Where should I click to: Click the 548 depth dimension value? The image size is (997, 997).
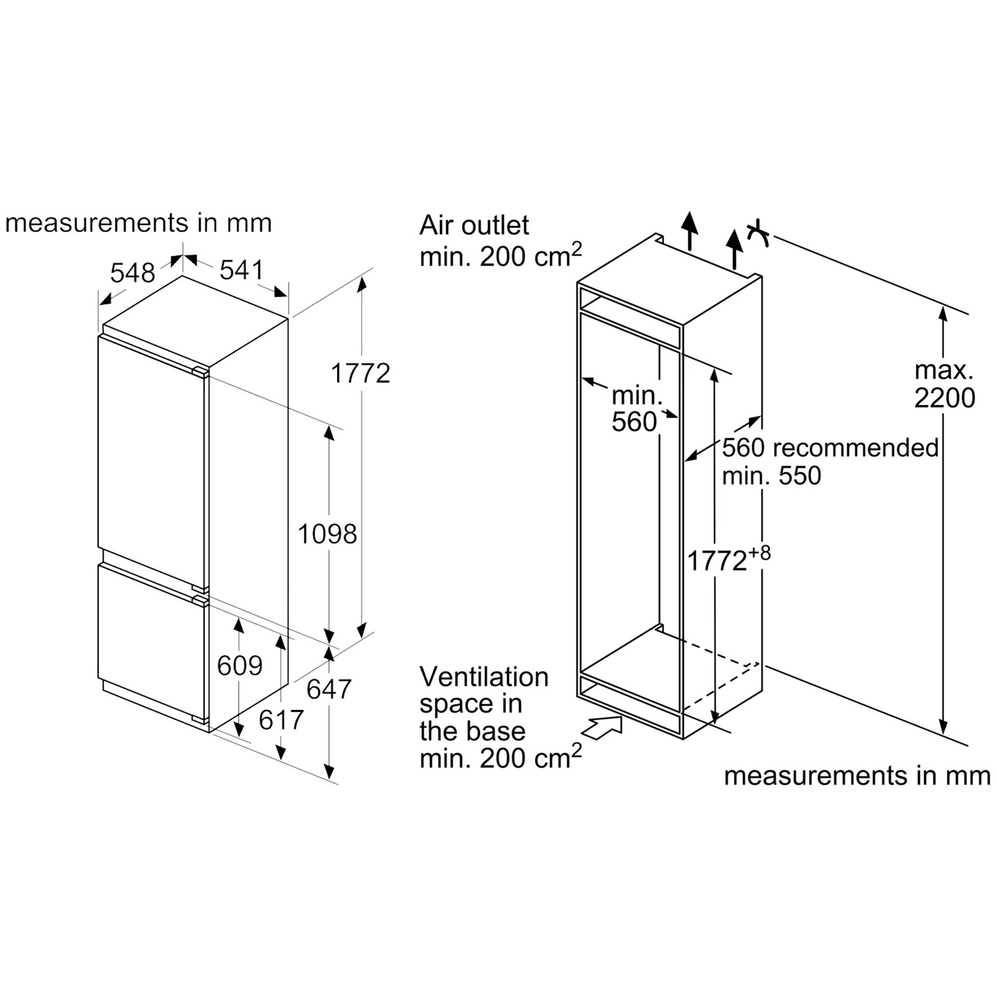132,273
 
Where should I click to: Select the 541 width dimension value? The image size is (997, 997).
242,270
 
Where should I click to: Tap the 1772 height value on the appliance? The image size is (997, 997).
360,374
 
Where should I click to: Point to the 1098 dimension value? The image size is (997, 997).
327,534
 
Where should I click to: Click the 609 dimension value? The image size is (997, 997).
240,665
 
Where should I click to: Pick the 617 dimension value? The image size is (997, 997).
281,719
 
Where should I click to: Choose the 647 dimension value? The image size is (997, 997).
329,689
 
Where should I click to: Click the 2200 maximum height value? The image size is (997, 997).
944,397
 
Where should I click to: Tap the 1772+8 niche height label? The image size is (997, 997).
728,560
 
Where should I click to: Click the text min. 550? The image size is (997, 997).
772,476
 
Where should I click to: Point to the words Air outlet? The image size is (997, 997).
474,226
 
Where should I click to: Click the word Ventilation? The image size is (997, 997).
484,677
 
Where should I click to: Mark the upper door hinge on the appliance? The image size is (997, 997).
199,371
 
